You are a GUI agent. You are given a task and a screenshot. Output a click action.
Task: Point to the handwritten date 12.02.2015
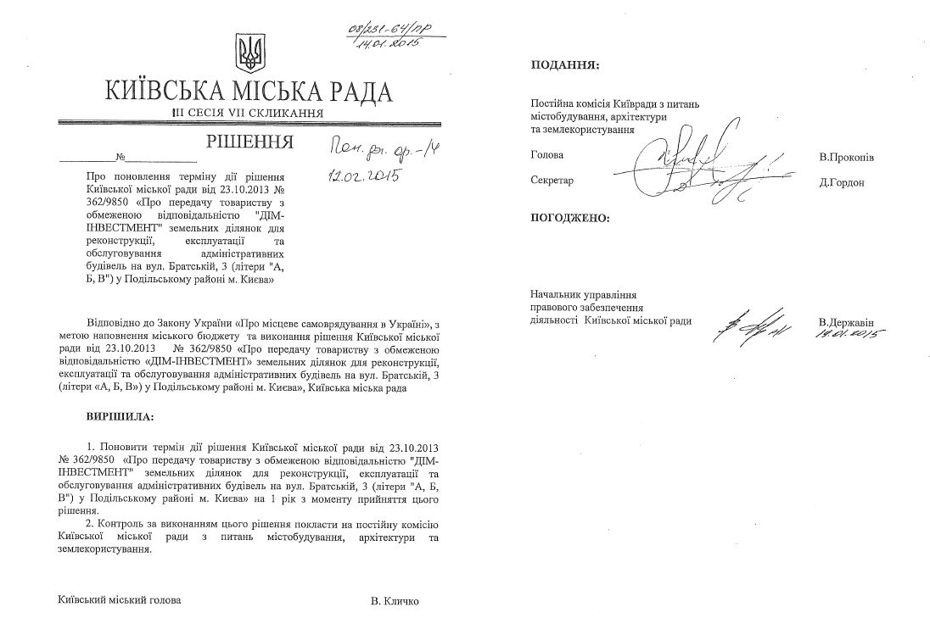(364, 176)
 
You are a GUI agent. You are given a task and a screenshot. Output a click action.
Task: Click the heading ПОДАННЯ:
(563, 64)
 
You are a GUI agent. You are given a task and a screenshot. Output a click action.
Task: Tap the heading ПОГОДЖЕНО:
(569, 218)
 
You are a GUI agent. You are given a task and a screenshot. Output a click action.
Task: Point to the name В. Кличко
(395, 601)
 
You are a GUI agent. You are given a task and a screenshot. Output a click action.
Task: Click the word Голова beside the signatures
(546, 156)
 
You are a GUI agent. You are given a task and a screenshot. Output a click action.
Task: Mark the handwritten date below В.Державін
(846, 336)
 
